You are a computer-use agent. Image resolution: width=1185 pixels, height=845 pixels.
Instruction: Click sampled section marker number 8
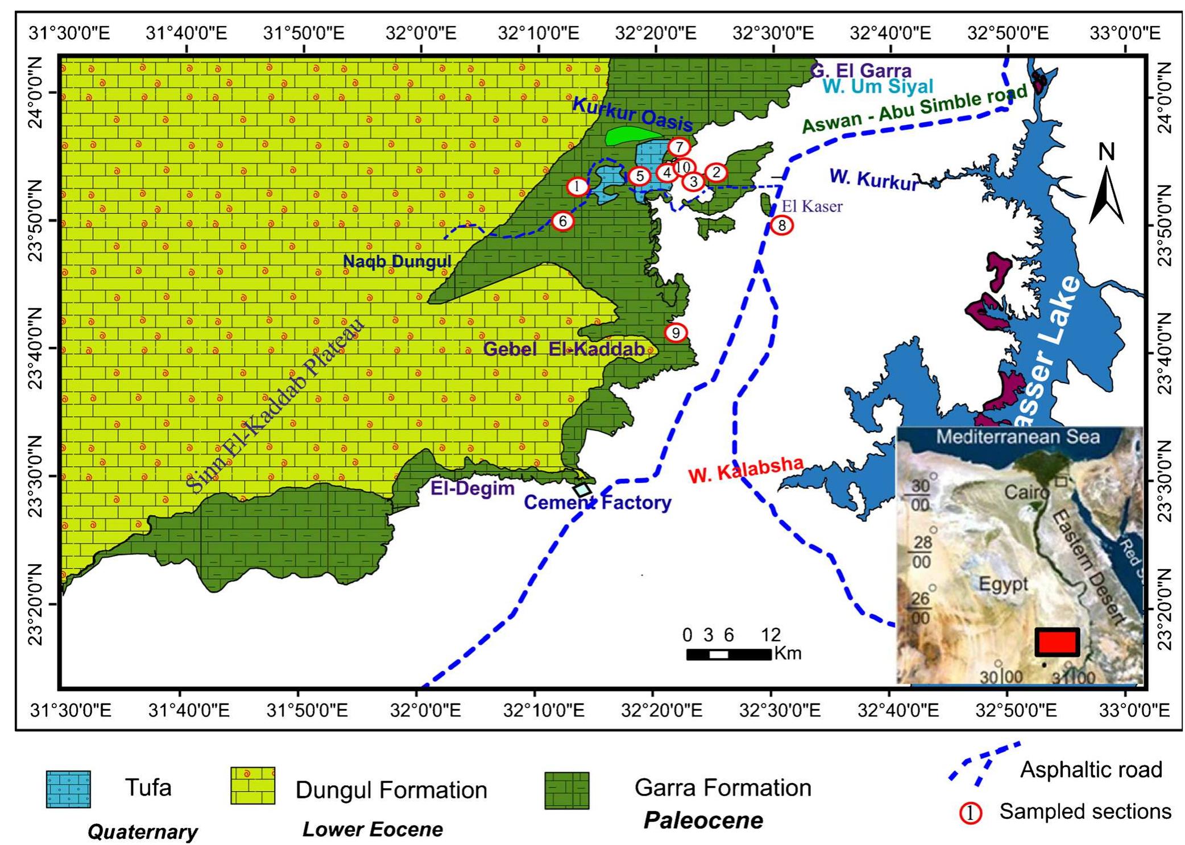click(x=782, y=225)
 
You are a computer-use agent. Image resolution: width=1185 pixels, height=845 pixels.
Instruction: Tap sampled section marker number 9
click(x=676, y=332)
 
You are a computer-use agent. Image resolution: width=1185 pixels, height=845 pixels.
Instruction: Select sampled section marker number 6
click(x=563, y=221)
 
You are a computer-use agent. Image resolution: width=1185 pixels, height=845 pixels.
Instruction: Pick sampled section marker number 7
click(x=679, y=147)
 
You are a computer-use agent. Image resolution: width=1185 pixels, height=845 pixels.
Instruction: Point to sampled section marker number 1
click(x=578, y=186)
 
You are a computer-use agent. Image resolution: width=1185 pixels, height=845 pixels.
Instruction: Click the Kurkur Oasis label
click(x=632, y=113)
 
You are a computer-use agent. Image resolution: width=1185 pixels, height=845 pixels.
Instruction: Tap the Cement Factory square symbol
click(x=582, y=490)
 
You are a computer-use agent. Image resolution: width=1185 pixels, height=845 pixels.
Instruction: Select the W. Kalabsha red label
click(x=745, y=470)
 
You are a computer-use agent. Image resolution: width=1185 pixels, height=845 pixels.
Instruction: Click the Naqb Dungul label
click(x=397, y=262)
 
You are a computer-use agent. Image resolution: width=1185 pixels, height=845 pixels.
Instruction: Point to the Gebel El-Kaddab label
click(x=564, y=349)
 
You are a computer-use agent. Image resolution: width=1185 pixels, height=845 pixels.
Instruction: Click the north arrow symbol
click(x=1107, y=188)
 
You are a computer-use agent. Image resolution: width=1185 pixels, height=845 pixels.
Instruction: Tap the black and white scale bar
click(x=729, y=654)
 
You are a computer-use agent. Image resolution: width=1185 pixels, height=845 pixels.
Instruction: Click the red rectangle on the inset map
click(x=1056, y=642)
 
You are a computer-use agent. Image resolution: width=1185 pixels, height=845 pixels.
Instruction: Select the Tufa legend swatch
click(x=68, y=789)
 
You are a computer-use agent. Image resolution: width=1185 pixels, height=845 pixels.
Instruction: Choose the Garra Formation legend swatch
click(x=566, y=790)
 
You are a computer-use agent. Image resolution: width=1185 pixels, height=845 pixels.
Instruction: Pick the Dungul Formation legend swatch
click(x=252, y=785)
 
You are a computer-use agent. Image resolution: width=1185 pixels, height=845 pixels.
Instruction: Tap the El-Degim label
click(x=472, y=488)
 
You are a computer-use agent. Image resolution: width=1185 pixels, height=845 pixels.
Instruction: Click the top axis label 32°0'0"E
click(x=421, y=33)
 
